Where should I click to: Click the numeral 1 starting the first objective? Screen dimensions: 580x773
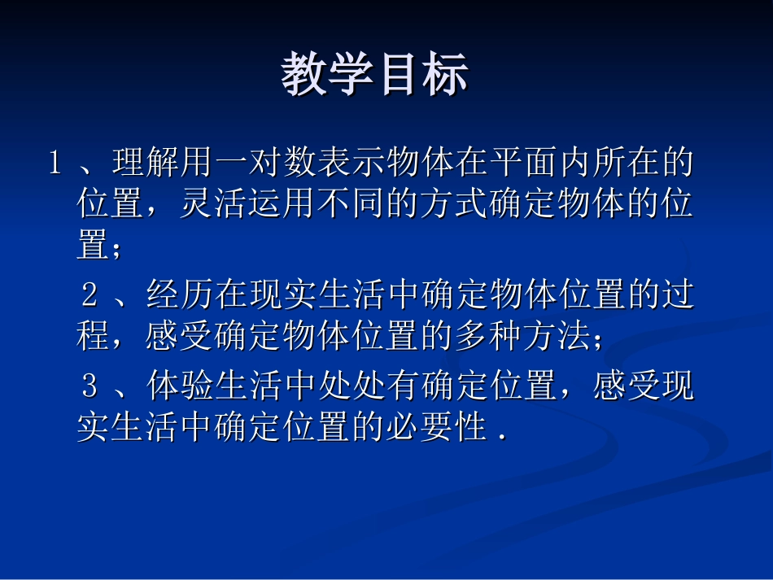click(55, 164)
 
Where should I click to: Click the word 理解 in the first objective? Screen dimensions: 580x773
click(146, 164)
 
